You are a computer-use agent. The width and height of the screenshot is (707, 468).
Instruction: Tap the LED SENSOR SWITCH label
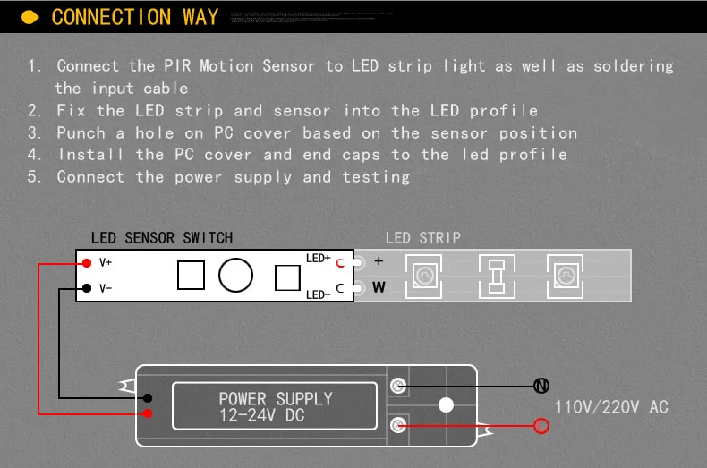click(162, 237)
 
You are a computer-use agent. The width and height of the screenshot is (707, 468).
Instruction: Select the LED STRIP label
click(423, 237)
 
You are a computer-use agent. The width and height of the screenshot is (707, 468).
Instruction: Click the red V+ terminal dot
click(87, 262)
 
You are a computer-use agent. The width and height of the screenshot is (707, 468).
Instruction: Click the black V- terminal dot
click(87, 288)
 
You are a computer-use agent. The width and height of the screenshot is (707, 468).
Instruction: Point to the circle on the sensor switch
click(235, 275)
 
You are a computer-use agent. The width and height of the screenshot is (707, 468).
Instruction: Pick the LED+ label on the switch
click(319, 259)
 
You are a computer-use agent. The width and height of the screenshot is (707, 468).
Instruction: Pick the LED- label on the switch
click(319, 294)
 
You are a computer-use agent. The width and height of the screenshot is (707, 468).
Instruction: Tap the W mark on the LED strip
click(379, 287)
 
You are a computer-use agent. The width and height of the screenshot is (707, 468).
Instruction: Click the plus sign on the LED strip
click(379, 261)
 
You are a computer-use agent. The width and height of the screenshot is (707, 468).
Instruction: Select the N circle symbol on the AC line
click(541, 386)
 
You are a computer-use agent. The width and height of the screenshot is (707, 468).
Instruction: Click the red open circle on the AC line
click(541, 426)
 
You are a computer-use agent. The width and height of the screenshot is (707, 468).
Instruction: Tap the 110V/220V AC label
click(611, 407)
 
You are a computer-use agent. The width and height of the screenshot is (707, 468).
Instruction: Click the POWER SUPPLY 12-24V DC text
click(275, 407)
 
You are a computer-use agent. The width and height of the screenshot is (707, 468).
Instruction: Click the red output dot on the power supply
click(148, 413)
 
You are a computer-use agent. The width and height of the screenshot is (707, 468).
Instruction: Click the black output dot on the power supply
click(148, 397)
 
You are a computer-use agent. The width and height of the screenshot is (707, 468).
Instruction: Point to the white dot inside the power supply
click(446, 405)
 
